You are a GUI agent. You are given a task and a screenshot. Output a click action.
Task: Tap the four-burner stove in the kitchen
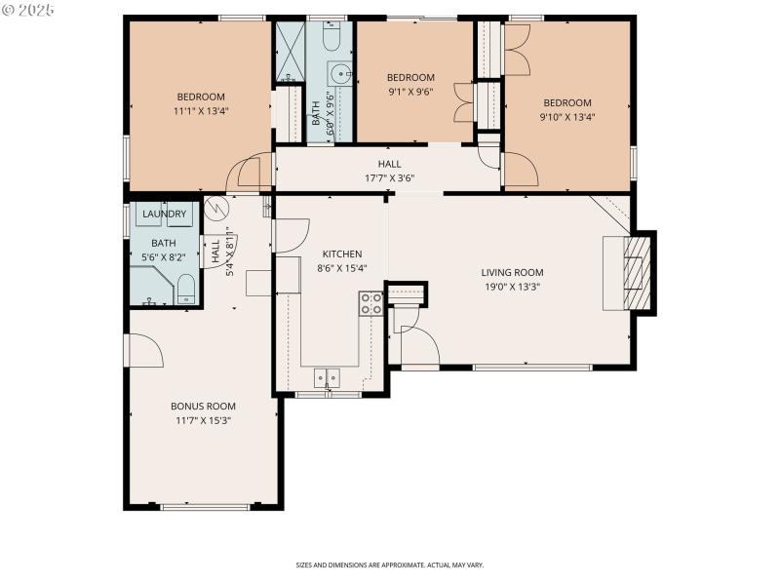click(370, 303)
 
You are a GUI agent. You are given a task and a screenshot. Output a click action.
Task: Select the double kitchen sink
click(327, 377)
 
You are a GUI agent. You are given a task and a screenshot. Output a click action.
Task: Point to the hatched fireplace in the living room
click(635, 273)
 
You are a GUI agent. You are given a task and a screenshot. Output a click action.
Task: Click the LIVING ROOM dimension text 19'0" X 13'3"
click(512, 287)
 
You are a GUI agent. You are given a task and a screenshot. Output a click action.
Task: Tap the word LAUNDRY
click(164, 214)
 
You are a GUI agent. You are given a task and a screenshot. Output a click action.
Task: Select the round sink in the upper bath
click(339, 73)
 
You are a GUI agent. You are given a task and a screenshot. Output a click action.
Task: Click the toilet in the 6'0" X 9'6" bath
click(330, 36)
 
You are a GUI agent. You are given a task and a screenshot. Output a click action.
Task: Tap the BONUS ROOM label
click(203, 406)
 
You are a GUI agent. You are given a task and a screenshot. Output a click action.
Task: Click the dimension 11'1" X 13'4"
click(201, 111)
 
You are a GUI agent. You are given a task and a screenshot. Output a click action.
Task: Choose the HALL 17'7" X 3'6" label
click(389, 171)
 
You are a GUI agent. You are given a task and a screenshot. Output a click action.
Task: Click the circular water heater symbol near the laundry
click(216, 208)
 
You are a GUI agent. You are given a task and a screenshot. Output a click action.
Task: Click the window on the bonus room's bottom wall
click(205, 507)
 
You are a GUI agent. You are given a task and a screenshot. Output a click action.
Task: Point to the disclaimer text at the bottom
click(390, 565)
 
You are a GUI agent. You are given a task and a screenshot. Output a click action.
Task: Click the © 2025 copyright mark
click(28, 10)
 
